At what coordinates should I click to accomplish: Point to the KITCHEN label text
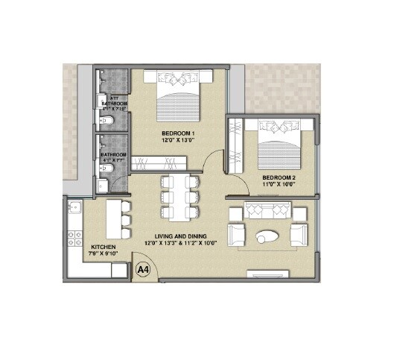[x=103, y=246]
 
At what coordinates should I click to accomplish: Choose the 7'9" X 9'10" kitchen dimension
[x=103, y=253]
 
